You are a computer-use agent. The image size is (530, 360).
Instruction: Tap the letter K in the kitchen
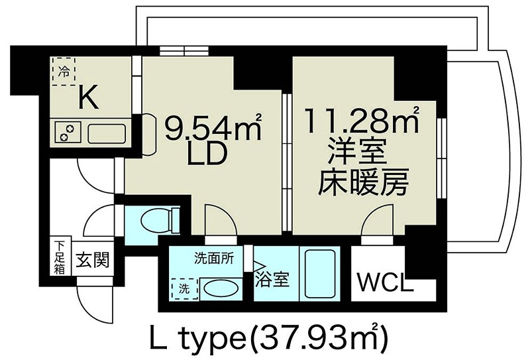(x=88, y=98)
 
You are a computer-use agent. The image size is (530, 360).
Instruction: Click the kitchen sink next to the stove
(x=107, y=132)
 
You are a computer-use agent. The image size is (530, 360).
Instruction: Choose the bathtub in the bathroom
(x=321, y=272)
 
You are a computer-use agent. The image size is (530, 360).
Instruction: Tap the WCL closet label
(x=385, y=282)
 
